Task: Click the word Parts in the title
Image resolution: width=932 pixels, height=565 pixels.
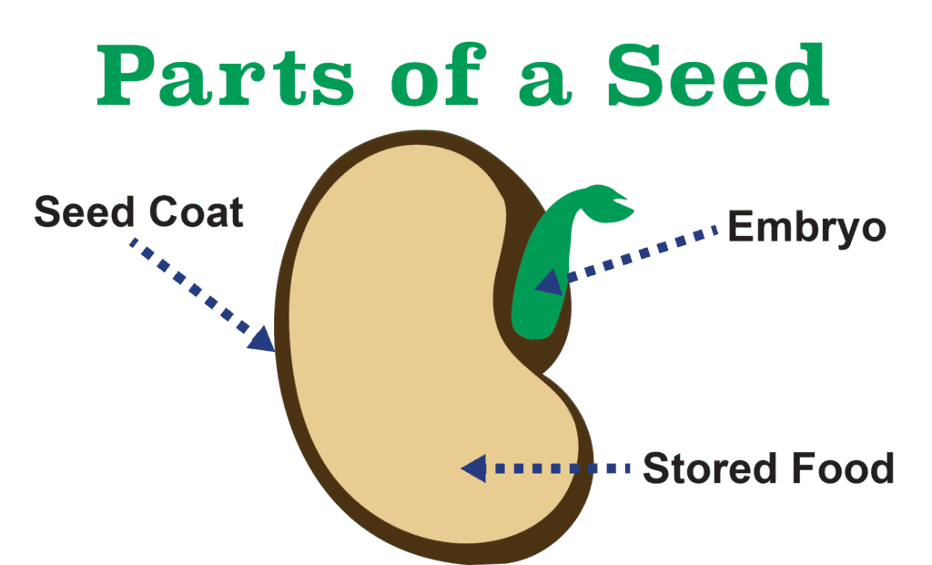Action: [226, 77]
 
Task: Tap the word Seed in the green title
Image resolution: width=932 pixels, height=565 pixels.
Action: [718, 76]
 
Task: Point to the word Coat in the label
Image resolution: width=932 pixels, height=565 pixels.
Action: [197, 212]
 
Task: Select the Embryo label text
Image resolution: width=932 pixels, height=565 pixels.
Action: [806, 228]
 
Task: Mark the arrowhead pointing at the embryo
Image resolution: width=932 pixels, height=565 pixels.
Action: [550, 282]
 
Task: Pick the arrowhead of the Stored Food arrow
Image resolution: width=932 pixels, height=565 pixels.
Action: [474, 468]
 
